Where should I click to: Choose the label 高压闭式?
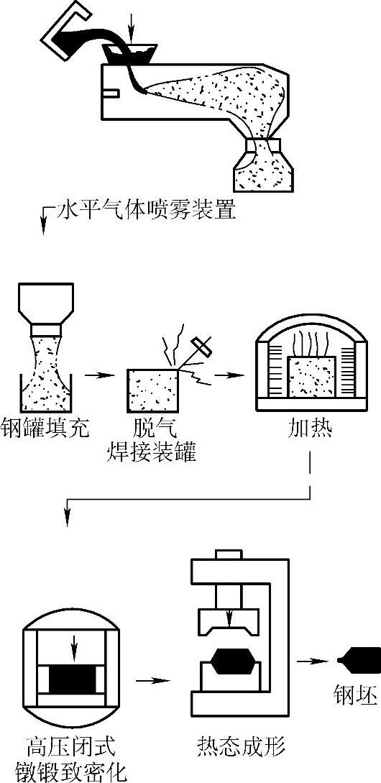pos(70,747)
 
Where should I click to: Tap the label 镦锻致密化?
pos(70,771)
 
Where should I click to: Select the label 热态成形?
pos(240,747)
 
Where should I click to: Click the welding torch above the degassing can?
pos(201,349)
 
